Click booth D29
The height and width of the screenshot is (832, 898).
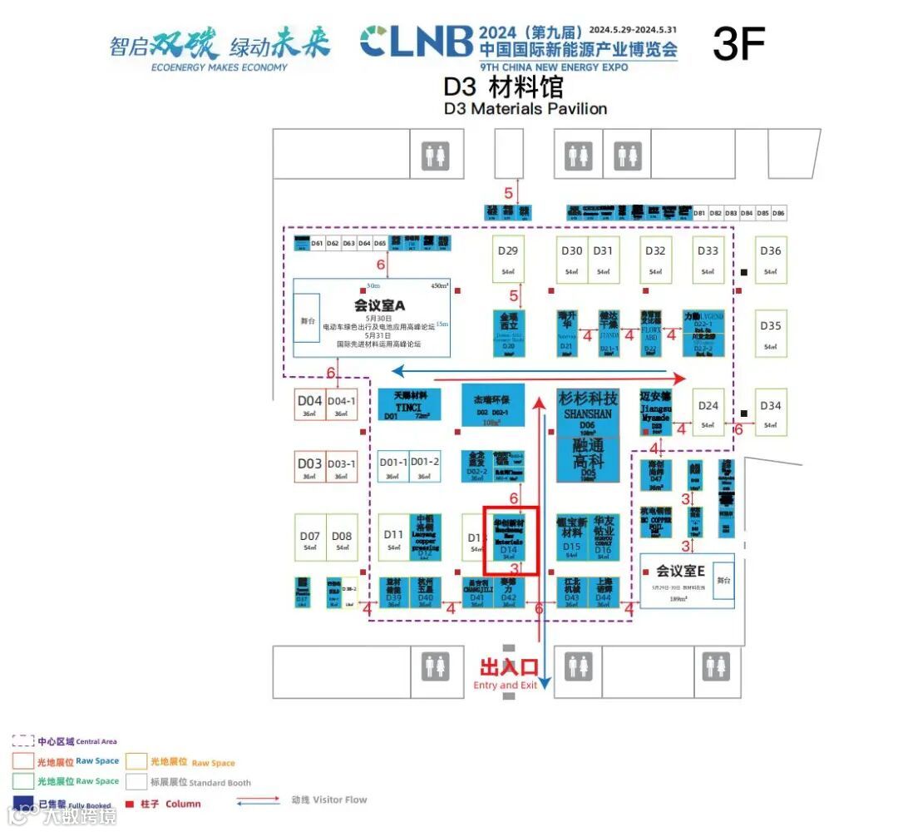point(508,259)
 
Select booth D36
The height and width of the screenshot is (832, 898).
point(771,259)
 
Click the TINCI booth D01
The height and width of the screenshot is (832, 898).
point(410,405)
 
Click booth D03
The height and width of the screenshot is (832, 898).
point(309,468)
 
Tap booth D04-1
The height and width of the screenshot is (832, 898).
point(341,405)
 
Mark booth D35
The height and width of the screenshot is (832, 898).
point(771,333)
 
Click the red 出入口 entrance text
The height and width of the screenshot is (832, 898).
point(508,667)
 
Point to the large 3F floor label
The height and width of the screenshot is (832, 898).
point(738,43)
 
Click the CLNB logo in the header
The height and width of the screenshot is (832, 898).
point(417,42)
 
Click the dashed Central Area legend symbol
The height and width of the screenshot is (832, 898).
point(23,740)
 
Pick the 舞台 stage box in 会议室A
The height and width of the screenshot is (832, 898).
point(307,318)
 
